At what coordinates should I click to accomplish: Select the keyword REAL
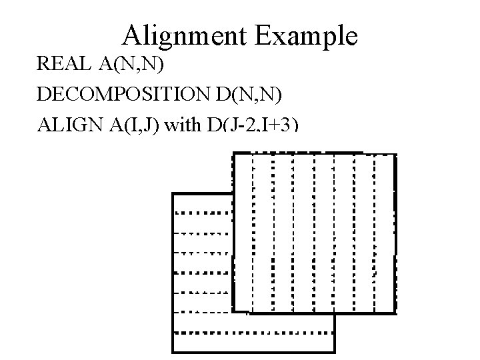pyautogui.click(x=63, y=64)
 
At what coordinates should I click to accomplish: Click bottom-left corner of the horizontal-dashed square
pyautogui.click(x=173, y=351)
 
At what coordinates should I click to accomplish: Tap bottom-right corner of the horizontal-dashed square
pyautogui.click(x=334, y=351)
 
